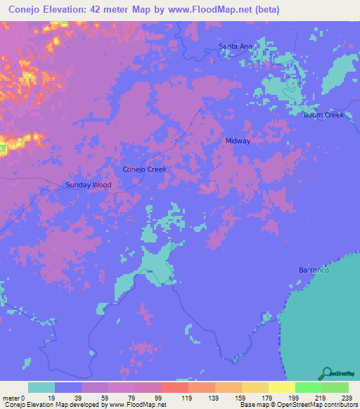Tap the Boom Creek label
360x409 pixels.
[x=323, y=115]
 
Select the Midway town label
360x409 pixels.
[x=238, y=141]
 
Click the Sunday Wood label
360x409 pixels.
[x=89, y=185]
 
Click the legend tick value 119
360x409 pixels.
[x=188, y=397]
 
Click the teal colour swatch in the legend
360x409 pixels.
[x=41, y=387]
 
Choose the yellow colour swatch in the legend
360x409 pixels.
[x=281, y=387]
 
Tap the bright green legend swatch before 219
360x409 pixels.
[x=308, y=387]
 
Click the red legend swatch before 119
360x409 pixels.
[x=174, y=387]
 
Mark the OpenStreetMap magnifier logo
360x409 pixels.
[x=327, y=373]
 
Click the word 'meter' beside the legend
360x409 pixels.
[x=11, y=397]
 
